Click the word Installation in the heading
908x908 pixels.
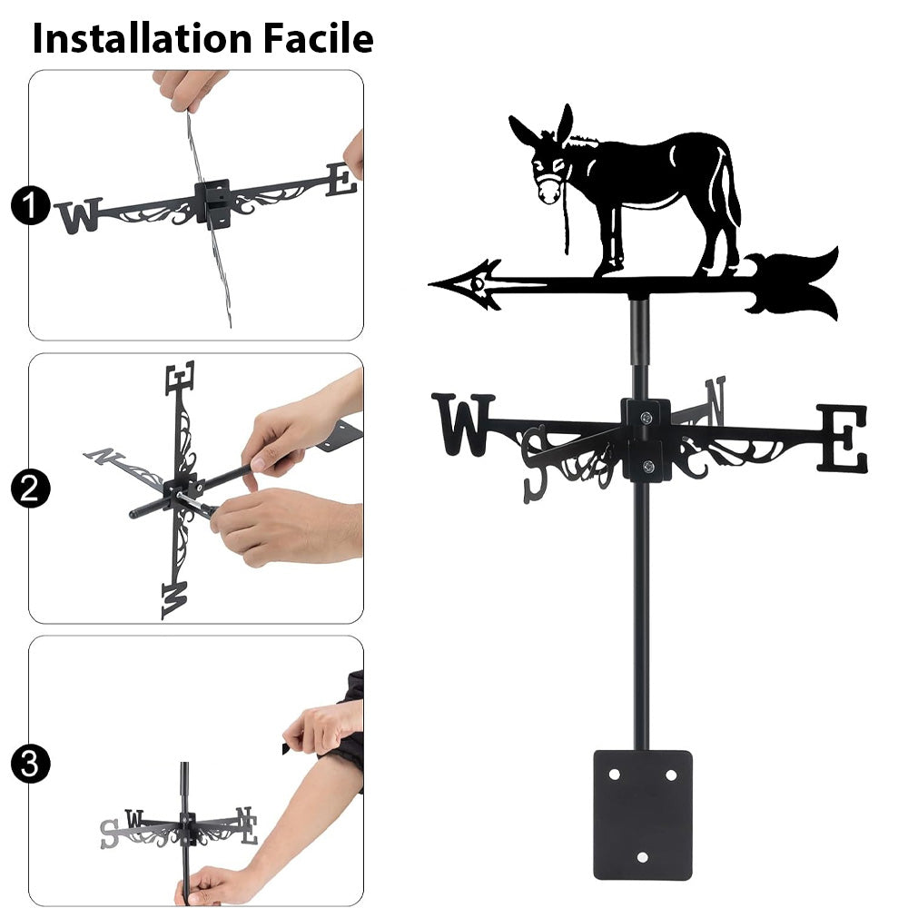pyautogui.click(x=142, y=39)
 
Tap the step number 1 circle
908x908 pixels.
pyautogui.click(x=30, y=205)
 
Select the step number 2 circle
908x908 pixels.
pyautogui.click(x=30, y=489)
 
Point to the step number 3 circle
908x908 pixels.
pyautogui.click(x=30, y=764)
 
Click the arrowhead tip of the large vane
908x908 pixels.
pyautogui.click(x=429, y=284)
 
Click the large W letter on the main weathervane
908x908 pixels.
pyautogui.click(x=463, y=424)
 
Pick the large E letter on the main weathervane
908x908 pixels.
pyautogui.click(x=843, y=438)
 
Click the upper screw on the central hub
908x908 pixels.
pyautogui.click(x=646, y=417)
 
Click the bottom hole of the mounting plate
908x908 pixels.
pyautogui.click(x=642, y=857)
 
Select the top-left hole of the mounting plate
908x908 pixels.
pyautogui.click(x=615, y=775)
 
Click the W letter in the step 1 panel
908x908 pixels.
pyautogui.click(x=79, y=216)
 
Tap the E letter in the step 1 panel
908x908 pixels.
pyautogui.click(x=341, y=180)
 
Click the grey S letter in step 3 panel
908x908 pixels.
pyautogui.click(x=110, y=834)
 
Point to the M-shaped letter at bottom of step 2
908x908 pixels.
pyautogui.click(x=173, y=600)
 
